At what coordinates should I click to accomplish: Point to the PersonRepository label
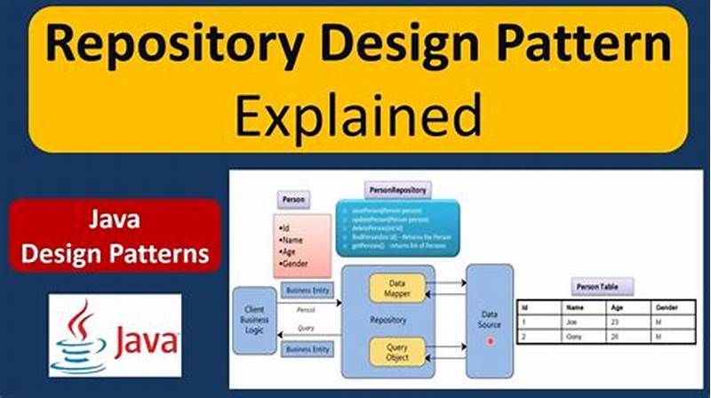click(397, 189)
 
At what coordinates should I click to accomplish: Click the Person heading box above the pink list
click(293, 201)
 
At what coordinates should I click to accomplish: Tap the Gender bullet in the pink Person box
click(296, 264)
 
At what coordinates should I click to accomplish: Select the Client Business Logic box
click(255, 320)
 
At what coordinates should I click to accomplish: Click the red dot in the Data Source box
click(490, 341)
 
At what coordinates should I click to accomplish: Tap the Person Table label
click(602, 286)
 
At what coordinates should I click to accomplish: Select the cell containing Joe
click(573, 322)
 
